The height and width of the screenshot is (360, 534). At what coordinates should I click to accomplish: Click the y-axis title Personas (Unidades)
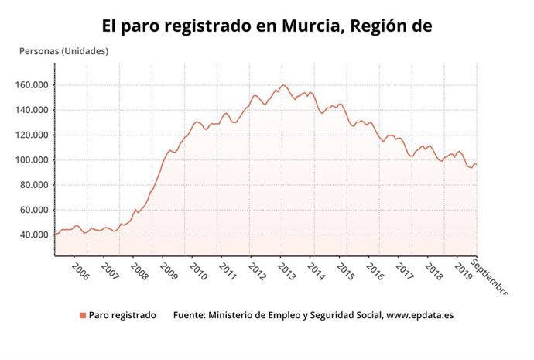[63, 51]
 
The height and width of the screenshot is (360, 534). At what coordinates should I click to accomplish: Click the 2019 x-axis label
[463, 271]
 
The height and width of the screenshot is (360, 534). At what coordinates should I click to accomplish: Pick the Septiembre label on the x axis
[491, 277]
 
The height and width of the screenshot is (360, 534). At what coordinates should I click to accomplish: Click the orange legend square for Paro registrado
[82, 315]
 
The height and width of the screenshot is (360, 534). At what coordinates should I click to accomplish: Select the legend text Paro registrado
[122, 315]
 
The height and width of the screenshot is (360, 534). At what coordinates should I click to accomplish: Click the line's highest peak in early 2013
[283, 85]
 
